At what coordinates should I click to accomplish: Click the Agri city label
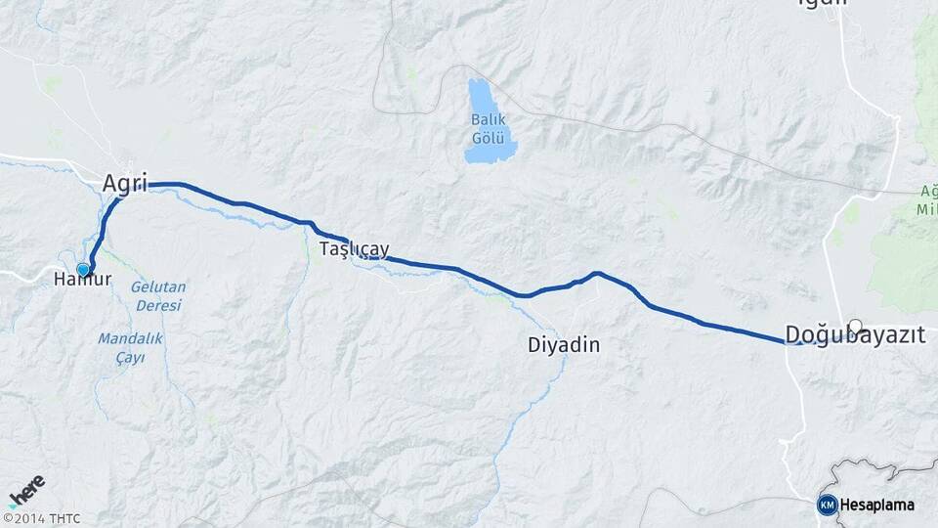(x=124, y=183)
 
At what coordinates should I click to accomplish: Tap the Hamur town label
(x=83, y=280)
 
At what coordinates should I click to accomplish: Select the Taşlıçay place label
(x=355, y=250)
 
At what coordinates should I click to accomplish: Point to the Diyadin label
(x=563, y=345)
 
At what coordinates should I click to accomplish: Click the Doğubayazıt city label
(x=856, y=335)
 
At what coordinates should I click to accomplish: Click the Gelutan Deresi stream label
(x=157, y=295)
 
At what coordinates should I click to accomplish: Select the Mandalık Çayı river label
(x=129, y=348)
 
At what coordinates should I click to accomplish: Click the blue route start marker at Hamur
(x=83, y=270)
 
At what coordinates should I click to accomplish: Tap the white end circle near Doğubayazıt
(x=856, y=326)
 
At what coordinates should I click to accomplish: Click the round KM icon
(x=827, y=505)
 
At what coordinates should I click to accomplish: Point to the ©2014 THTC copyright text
(x=41, y=518)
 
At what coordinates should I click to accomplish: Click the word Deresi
(x=158, y=305)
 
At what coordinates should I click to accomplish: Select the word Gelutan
(x=157, y=286)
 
